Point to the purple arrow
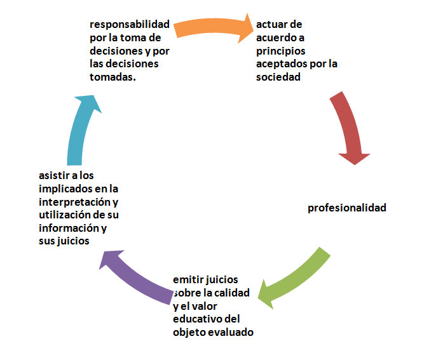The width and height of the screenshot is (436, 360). coord(137,273)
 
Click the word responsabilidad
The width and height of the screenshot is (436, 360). coord(130,25)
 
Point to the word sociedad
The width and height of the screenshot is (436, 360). coord(278,77)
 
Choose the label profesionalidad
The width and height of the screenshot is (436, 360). coord(347,208)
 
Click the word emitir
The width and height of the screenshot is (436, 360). coord(187,279)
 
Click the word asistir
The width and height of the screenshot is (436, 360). coord(55,175)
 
